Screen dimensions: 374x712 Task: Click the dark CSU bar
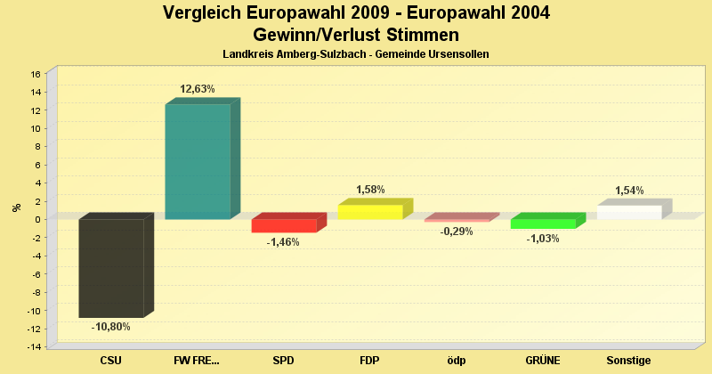tap(111, 267)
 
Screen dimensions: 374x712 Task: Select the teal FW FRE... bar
tap(198, 161)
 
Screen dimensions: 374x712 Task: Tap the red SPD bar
tap(284, 225)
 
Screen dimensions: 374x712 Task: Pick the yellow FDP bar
tap(370, 212)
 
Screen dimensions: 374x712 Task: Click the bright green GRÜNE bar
tap(543, 224)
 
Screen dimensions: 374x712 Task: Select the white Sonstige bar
tap(629, 212)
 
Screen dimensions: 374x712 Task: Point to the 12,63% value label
tap(198, 89)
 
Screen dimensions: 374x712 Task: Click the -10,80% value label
tap(111, 327)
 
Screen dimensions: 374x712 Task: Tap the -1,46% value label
tap(284, 242)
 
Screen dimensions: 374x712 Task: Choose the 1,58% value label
tap(370, 190)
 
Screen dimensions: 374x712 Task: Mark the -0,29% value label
tap(457, 232)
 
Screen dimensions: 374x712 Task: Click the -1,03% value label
tap(543, 239)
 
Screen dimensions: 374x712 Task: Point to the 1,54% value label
tap(629, 191)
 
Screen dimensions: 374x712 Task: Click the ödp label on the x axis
tap(457, 361)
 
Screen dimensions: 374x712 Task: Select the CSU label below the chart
tap(111, 361)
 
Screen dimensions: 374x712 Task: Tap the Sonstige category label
tap(629, 361)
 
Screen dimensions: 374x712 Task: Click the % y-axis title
tap(16, 207)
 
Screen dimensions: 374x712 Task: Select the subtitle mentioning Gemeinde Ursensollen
tap(356, 54)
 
